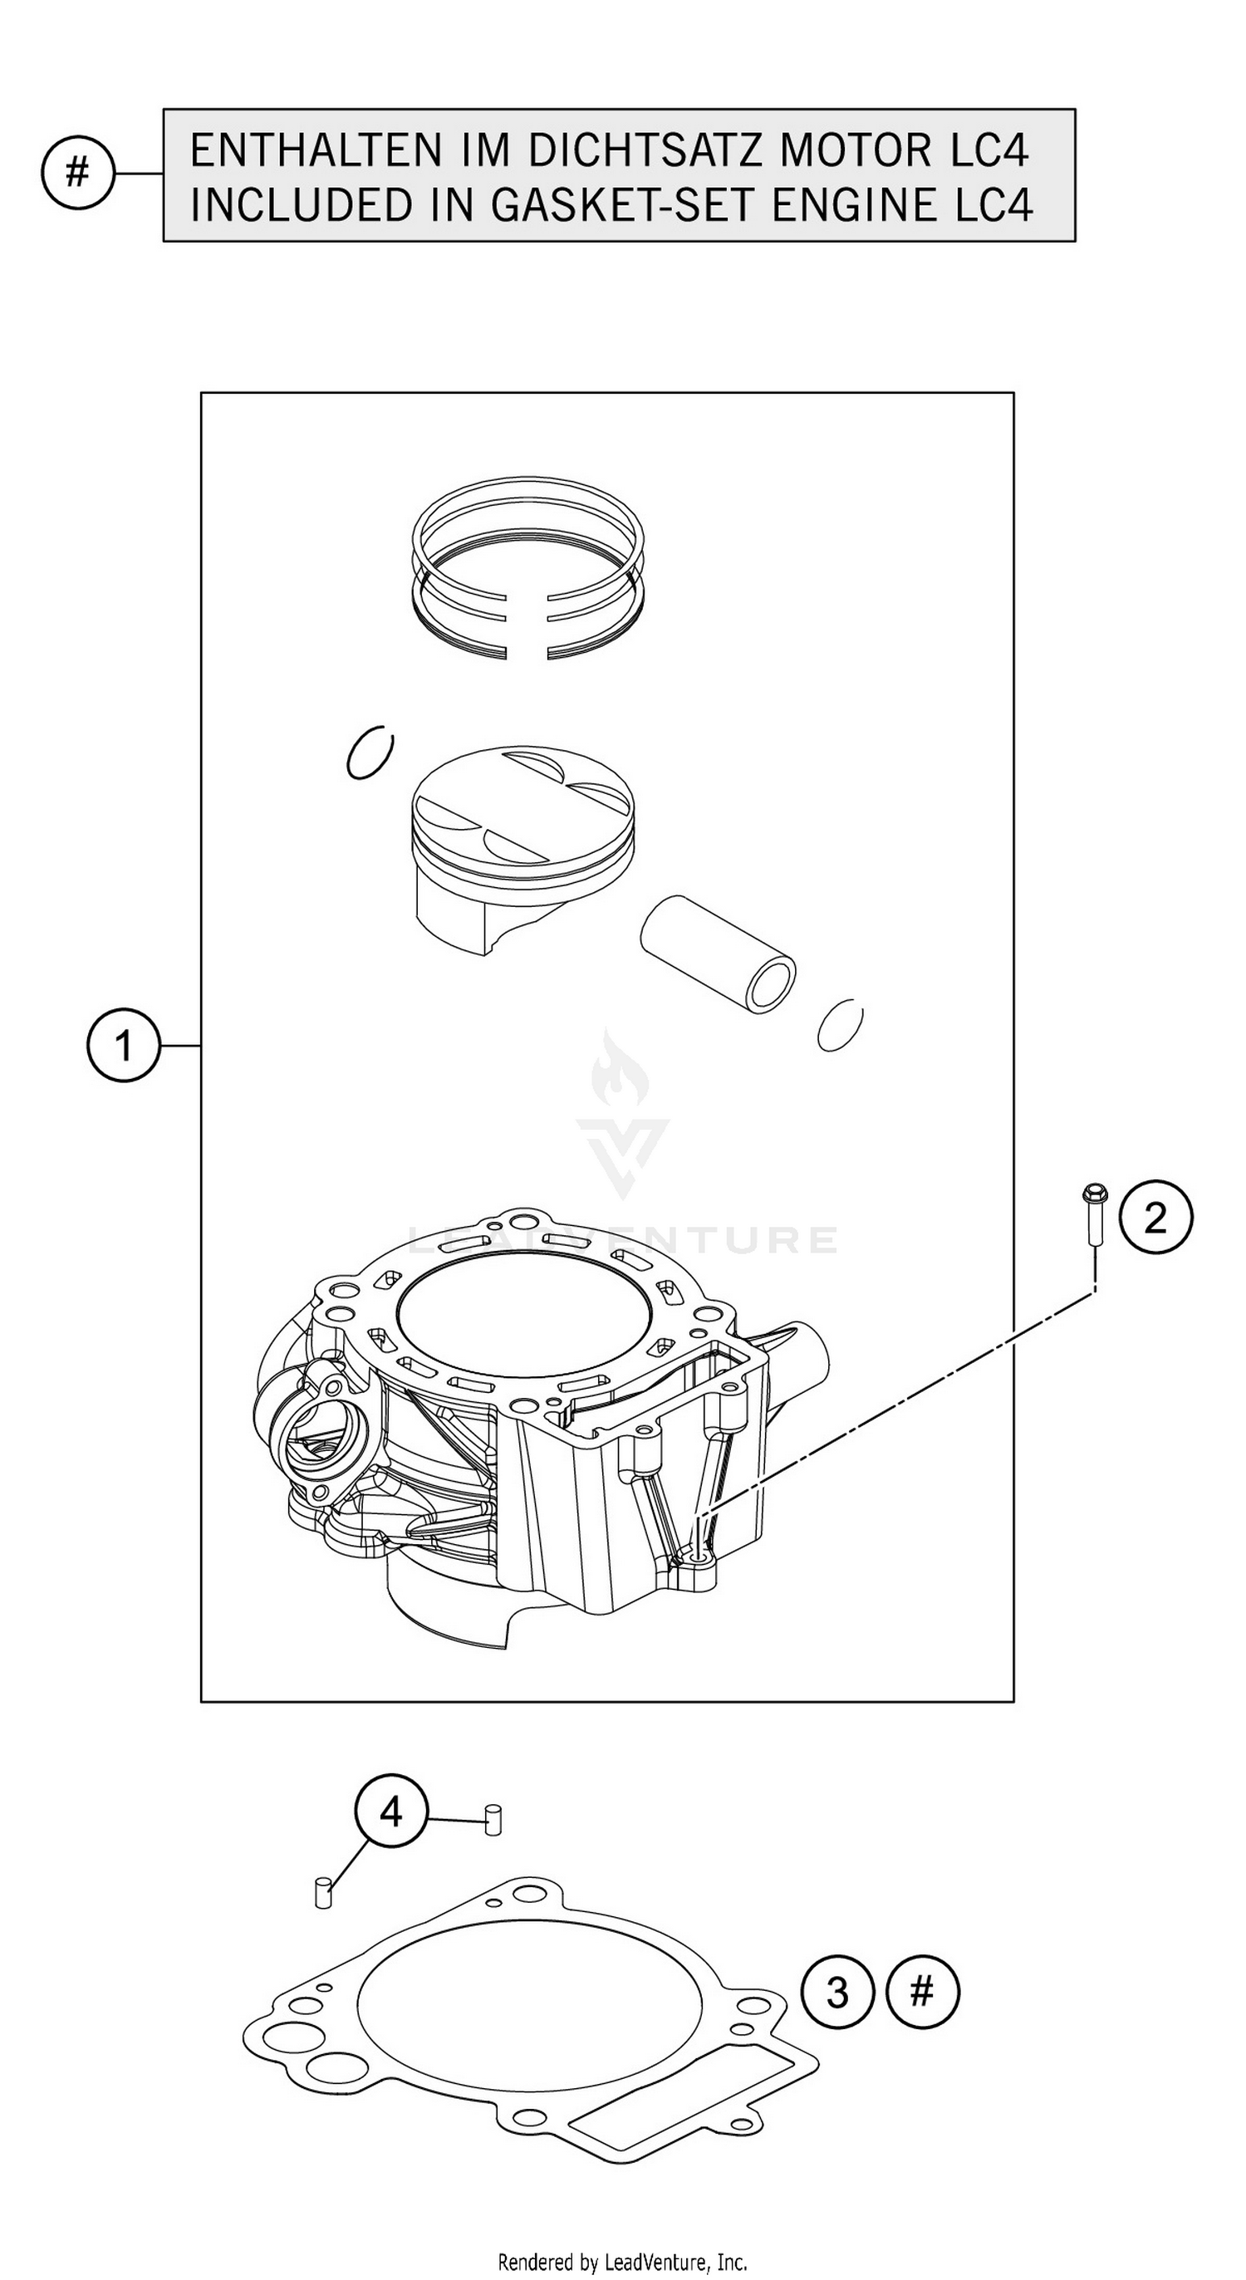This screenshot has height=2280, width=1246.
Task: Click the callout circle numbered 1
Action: [x=123, y=1047]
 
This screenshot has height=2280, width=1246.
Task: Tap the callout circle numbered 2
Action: [x=1155, y=1218]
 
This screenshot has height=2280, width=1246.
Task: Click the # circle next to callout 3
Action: [x=922, y=1993]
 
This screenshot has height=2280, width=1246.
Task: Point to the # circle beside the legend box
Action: [x=78, y=173]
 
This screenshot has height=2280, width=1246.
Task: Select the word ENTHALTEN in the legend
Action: [x=315, y=150]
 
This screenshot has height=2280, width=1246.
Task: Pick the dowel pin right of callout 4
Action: [x=493, y=1820]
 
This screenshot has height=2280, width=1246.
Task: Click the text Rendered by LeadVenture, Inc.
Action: [x=622, y=2263]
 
